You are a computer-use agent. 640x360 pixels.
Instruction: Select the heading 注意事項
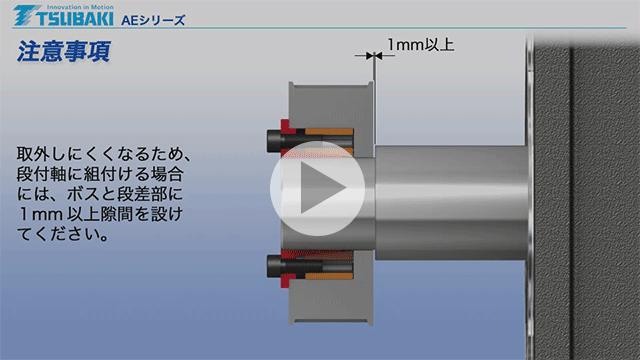(63, 53)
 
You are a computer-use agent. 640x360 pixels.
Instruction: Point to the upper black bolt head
(271, 136)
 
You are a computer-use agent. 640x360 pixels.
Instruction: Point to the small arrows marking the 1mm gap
(371, 59)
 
